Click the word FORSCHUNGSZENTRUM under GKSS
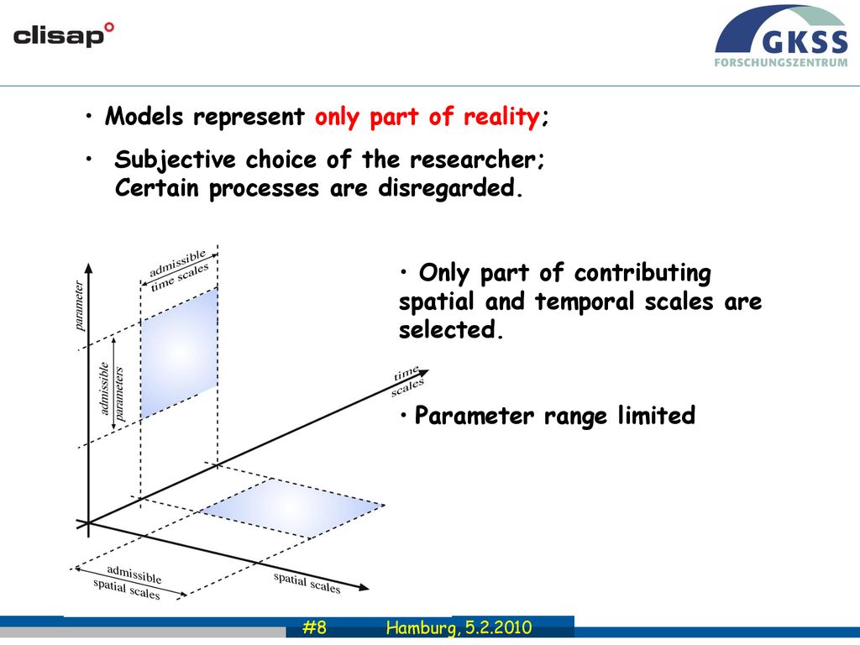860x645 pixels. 781,62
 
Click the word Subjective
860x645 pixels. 175,160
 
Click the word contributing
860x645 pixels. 642,274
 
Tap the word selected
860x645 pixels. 448,329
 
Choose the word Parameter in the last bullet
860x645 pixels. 474,415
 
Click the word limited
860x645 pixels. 657,415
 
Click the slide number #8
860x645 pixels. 314,627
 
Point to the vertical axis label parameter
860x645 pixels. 79,306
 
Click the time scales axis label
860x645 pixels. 407,380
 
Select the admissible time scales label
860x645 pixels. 179,270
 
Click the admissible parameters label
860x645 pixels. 112,391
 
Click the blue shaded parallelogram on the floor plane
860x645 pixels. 291,507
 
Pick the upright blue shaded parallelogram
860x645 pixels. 180,354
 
